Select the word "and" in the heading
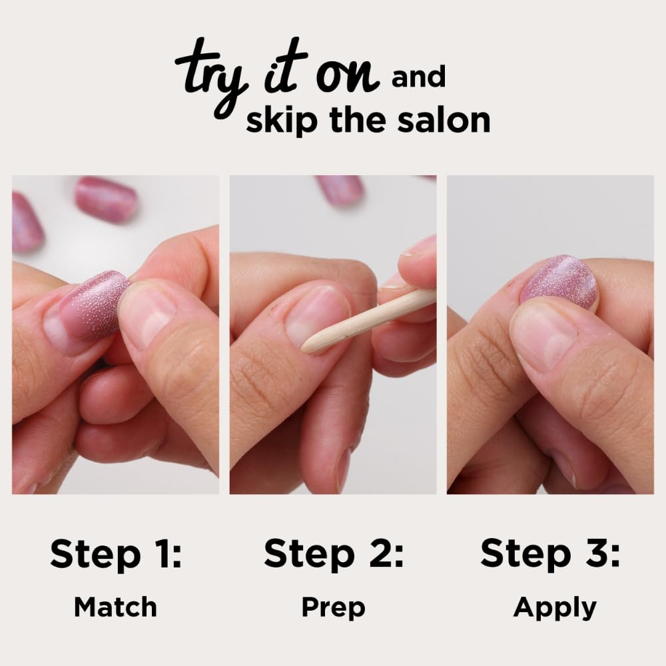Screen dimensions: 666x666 (418, 79)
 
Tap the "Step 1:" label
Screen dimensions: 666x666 (115, 554)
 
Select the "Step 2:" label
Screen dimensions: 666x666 (333, 554)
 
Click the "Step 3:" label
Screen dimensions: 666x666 (550, 554)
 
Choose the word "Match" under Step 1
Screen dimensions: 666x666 (115, 607)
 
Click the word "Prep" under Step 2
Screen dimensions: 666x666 (333, 607)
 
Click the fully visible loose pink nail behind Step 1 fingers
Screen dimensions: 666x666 (106, 198)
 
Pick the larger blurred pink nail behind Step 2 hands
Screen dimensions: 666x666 (340, 188)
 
